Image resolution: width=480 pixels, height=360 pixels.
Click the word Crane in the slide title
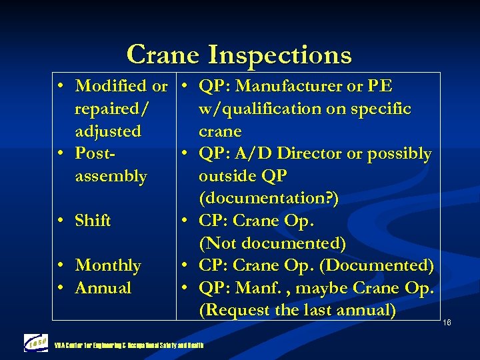[163, 55]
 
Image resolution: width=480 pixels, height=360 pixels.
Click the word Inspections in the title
[280, 55]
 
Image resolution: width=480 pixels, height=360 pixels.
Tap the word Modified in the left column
[112, 86]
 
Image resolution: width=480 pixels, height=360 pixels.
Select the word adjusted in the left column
[108, 131]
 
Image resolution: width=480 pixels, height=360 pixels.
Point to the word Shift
[93, 221]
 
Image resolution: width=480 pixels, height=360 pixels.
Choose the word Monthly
[108, 265]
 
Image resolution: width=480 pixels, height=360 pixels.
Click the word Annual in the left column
[103, 288]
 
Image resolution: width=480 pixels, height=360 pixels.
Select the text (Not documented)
[272, 243]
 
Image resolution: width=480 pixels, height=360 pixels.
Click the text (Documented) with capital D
[377, 265]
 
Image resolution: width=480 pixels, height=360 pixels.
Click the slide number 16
[447, 323]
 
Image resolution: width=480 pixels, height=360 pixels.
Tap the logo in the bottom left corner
[35, 342]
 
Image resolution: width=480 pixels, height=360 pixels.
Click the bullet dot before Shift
[61, 221]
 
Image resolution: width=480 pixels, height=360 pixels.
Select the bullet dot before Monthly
[61, 265]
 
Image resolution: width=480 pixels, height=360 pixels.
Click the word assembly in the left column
[111, 177]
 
